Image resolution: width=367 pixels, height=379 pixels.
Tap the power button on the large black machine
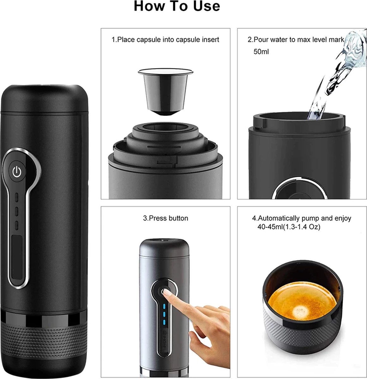coord(17,172)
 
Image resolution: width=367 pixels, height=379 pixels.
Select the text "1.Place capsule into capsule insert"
coord(165,40)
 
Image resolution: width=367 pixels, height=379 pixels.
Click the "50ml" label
coord(261,51)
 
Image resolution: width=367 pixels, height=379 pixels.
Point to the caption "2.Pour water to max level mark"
coord(296,40)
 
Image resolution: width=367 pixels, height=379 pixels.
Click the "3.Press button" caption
coord(165,218)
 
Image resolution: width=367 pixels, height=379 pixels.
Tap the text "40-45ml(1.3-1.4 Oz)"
coord(289,227)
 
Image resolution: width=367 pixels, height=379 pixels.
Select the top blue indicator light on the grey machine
coord(164,306)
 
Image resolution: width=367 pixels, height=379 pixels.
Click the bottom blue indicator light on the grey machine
coord(164,322)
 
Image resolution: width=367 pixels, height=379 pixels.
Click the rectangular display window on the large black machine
coord(17,256)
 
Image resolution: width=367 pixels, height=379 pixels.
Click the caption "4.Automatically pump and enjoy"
coord(301,218)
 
